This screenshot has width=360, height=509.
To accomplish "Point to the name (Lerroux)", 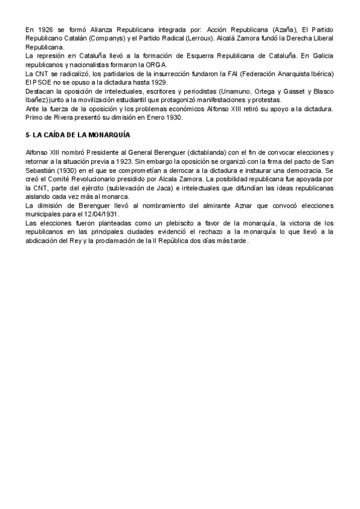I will pyautogui.click(x=203, y=38).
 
